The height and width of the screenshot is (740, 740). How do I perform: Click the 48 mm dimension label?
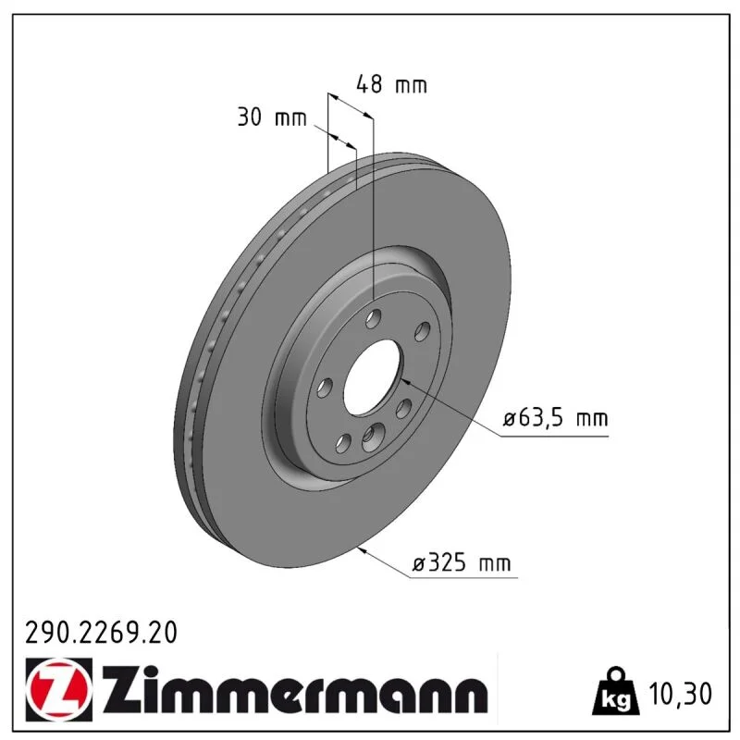[x=391, y=84]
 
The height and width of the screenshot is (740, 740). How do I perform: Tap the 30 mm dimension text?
[x=272, y=117]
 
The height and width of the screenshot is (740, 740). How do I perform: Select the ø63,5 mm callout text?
[x=556, y=418]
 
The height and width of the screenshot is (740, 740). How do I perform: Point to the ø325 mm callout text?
[x=462, y=563]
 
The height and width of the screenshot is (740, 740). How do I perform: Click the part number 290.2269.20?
[x=101, y=633]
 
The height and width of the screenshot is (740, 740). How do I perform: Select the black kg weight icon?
[x=616, y=690]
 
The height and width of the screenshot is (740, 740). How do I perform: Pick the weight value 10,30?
[x=680, y=694]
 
